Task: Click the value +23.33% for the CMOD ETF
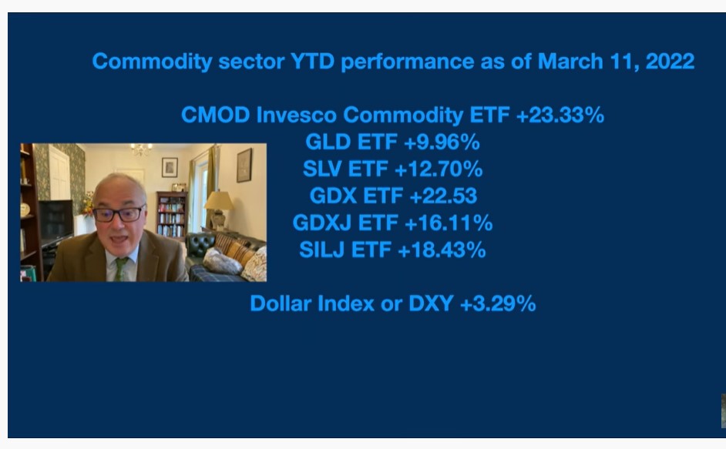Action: [560, 115]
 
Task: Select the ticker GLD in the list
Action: [328, 142]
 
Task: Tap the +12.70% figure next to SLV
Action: [438, 169]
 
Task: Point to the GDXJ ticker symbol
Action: [322, 223]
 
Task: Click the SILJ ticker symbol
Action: [322, 250]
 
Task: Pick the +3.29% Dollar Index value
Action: [498, 303]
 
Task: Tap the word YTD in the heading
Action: [312, 61]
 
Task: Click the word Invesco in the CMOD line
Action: [296, 115]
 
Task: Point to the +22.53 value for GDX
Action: [443, 196]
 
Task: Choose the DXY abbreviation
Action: [431, 303]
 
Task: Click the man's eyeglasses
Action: [119, 214]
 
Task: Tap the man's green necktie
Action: [121, 269]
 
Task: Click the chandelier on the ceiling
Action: [141, 149]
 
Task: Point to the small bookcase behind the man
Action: [171, 215]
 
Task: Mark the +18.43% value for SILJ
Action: [442, 250]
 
